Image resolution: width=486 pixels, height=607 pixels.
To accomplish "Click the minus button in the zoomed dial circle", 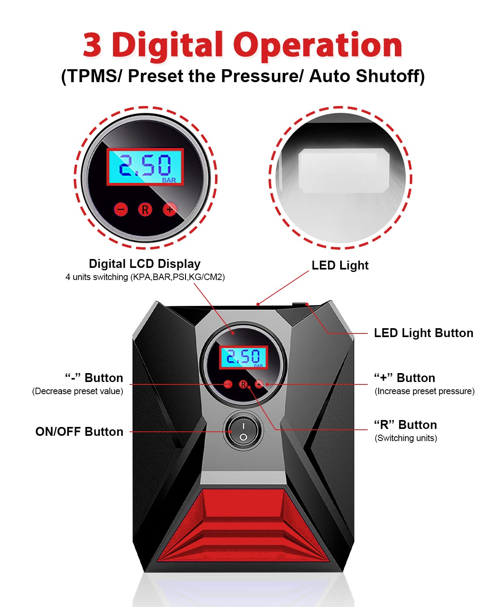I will tap(121, 209).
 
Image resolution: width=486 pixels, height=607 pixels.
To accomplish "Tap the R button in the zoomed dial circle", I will tap(145, 209).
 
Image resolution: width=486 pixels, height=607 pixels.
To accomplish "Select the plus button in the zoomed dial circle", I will tap(170, 209).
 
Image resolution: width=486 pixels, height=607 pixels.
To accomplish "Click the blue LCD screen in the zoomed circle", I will tap(145, 167).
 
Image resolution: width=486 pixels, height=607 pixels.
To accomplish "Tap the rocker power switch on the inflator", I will tap(243, 431).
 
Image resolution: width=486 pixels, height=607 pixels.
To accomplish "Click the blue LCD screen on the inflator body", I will tap(243, 357).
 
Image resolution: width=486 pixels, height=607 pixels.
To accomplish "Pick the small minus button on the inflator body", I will tap(228, 384).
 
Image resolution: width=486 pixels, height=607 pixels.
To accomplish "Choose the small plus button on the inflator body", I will tap(259, 384).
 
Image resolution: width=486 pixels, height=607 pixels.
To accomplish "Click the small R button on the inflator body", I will tap(243, 384).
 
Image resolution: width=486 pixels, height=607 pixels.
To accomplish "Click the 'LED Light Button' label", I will tap(423, 333).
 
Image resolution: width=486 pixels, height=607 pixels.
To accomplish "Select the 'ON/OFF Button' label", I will tap(79, 432).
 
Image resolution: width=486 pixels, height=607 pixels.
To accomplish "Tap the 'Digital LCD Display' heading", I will tap(145, 264).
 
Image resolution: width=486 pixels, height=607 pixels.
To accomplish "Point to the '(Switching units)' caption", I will tap(406, 438).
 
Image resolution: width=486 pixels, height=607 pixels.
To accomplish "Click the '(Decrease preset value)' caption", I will tap(78, 391).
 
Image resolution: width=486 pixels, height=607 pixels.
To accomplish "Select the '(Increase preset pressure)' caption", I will tap(424, 391).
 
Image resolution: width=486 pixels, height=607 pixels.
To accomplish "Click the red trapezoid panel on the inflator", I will tap(243, 526).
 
